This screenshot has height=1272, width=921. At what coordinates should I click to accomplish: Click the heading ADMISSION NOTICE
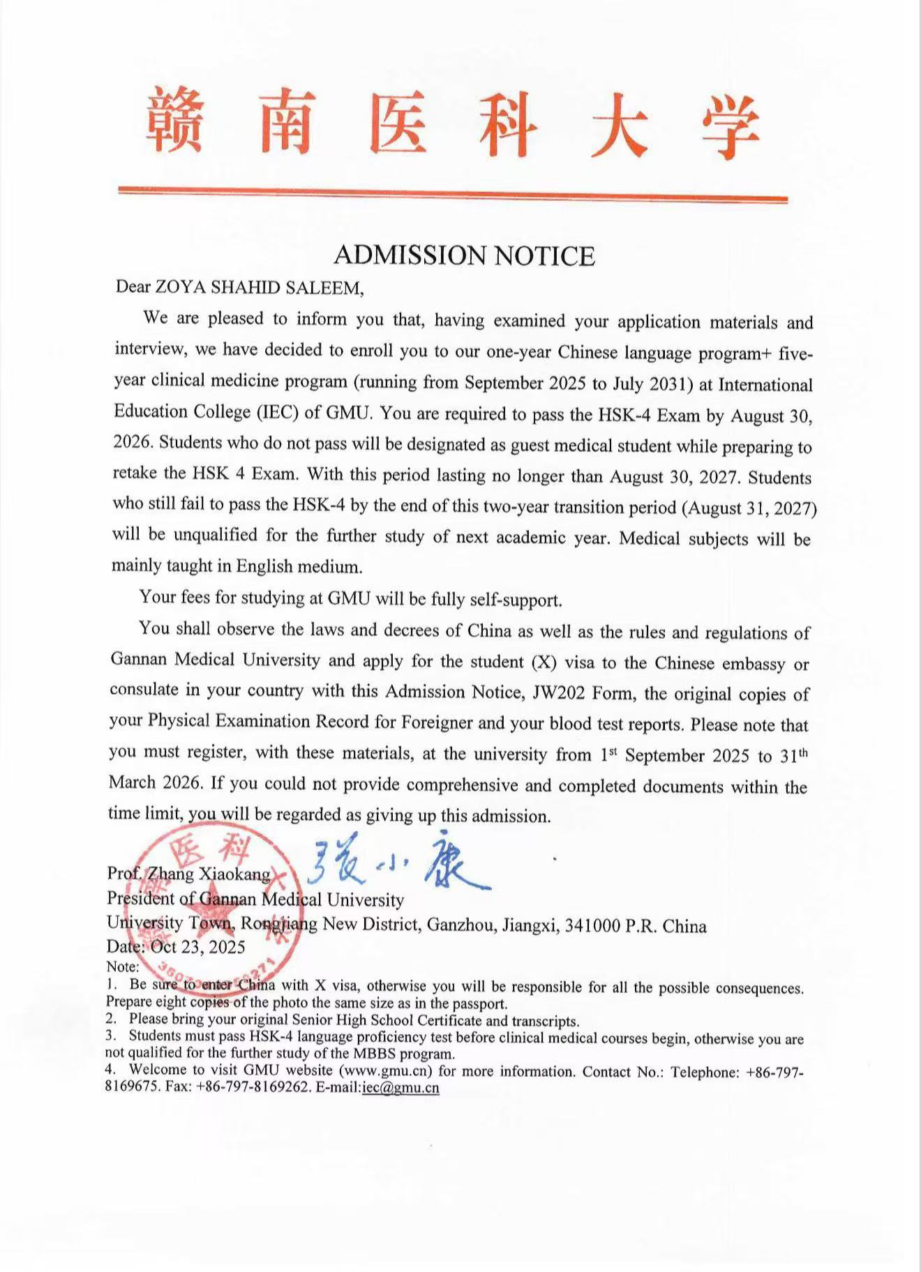(x=464, y=256)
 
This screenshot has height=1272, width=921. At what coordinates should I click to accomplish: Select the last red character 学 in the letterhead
(x=728, y=126)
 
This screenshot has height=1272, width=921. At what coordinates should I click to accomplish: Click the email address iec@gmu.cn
(x=400, y=1088)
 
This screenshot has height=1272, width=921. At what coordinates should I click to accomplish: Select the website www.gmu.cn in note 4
(x=387, y=1070)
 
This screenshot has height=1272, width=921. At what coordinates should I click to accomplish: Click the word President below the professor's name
(x=141, y=900)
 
